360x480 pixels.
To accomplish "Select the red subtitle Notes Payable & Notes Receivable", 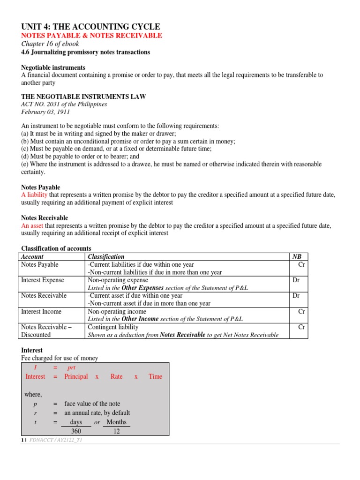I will pos(92,36).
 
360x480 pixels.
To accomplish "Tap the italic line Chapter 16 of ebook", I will pos(50,44).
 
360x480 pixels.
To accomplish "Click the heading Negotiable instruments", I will pos(53,68).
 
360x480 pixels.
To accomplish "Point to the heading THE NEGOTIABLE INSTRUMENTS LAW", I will pos(83,97).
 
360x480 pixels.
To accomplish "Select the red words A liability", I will pos(35,195).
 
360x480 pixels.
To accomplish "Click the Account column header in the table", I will pos(32,256).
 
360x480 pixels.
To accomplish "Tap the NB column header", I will pos(297,256).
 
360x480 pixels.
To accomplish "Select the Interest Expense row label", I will pos(43,280).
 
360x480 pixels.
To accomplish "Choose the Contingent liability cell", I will pos(113,327).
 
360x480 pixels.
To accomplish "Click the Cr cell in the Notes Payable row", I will pos(301,264).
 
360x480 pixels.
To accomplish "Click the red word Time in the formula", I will pos(155,376).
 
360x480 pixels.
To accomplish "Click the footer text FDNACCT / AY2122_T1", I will pos(56,441).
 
